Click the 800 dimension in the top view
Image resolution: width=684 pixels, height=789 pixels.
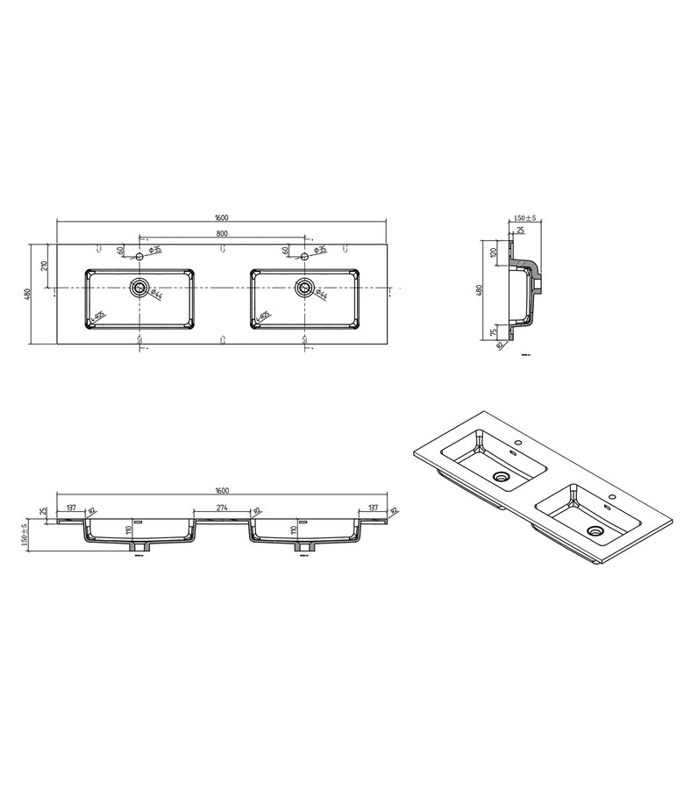222,232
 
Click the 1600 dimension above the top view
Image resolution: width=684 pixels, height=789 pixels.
222,216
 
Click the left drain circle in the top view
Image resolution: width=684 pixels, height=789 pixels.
139,287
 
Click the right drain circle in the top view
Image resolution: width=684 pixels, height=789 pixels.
304,287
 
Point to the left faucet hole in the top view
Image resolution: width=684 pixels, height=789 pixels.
139,257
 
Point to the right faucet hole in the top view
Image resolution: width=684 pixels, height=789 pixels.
304,257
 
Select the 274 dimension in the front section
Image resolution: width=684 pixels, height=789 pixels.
221,508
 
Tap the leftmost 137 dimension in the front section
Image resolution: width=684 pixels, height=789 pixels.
71,508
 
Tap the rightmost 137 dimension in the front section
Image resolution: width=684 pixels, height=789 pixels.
373,508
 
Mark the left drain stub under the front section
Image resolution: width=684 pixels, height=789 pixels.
139,546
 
